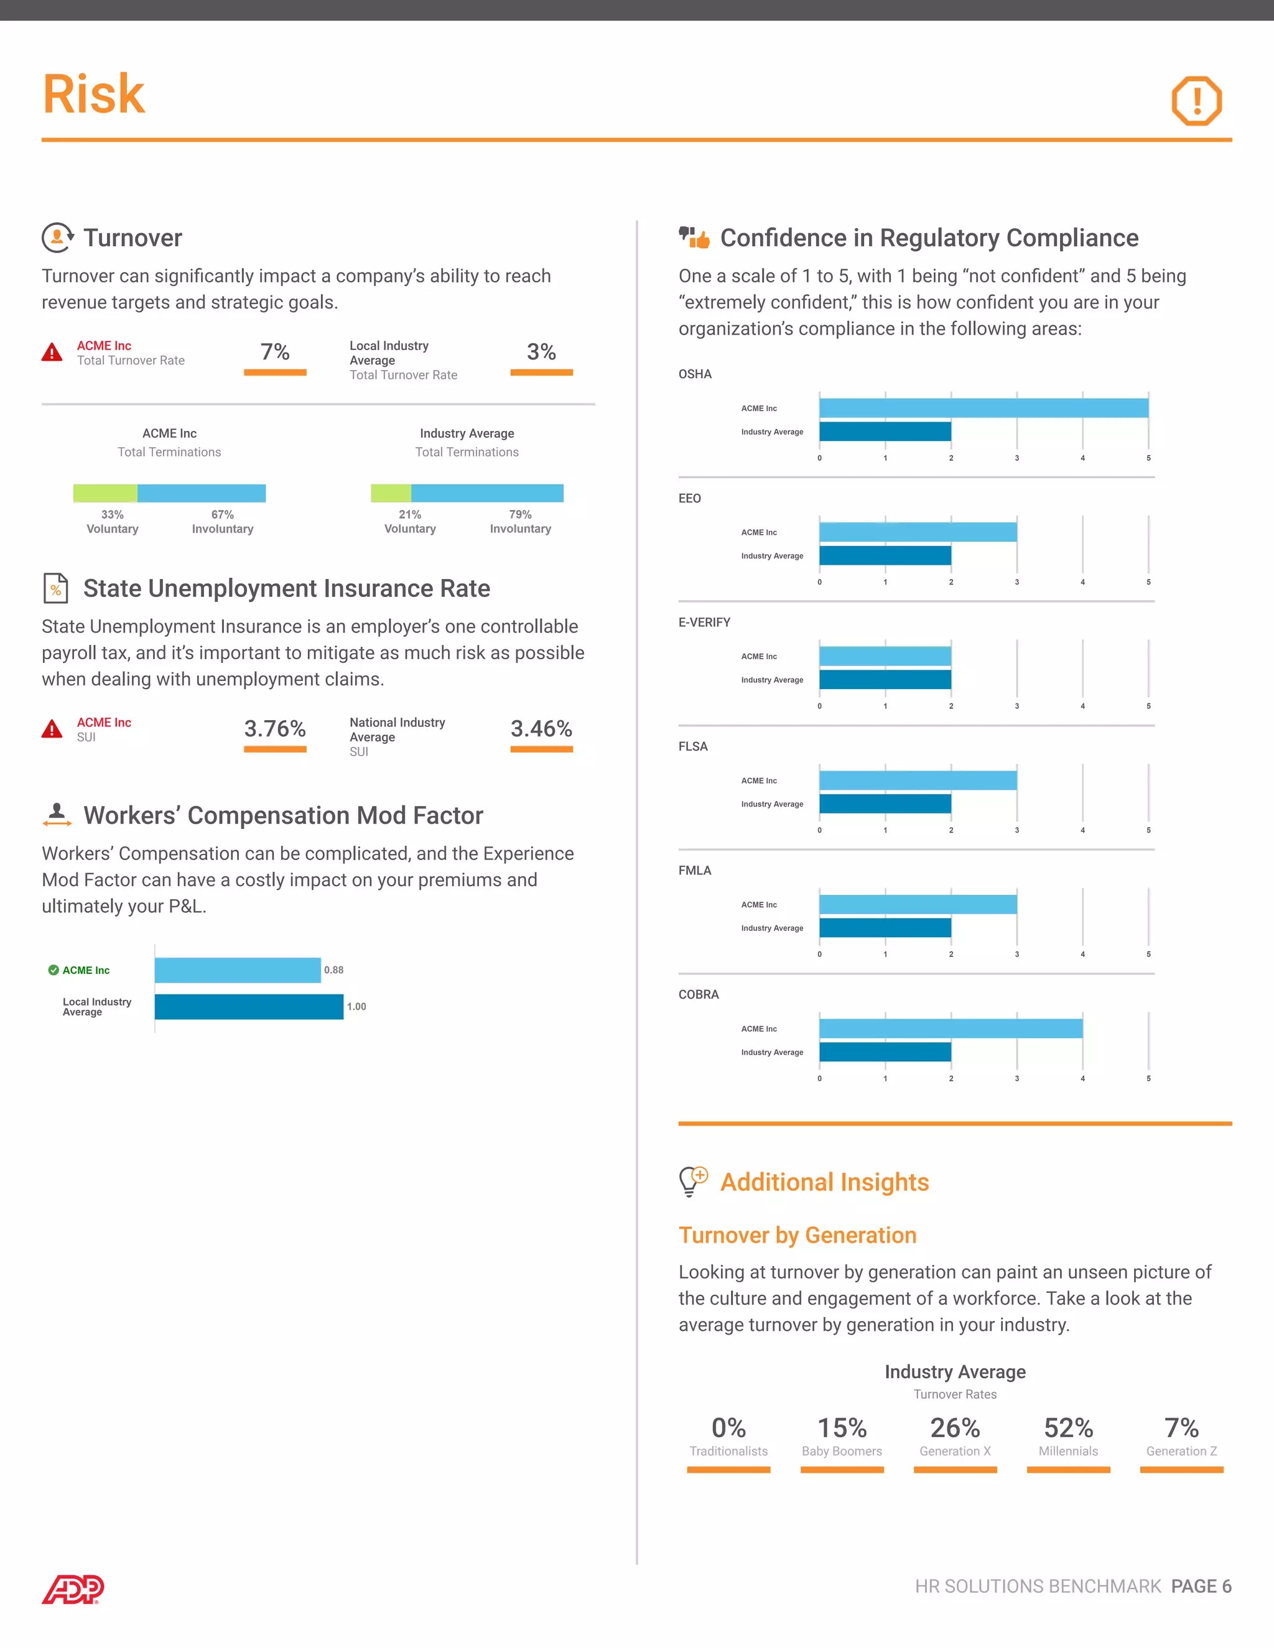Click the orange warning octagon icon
[x=1196, y=100]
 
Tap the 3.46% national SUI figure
[x=541, y=728]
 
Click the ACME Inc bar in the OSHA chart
[x=983, y=408]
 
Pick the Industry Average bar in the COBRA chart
[x=885, y=1052]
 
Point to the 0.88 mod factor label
[x=333, y=970]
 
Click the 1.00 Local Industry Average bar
[x=249, y=1007]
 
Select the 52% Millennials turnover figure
[x=1068, y=1428]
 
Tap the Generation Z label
[x=1181, y=1451]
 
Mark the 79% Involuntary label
[x=520, y=521]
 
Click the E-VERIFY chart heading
[x=704, y=623]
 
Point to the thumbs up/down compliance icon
[x=694, y=238]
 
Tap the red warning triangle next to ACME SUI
[x=52, y=729]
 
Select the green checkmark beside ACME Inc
[x=53, y=970]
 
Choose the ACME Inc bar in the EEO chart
[x=918, y=532]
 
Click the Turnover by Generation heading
[x=797, y=1235]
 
